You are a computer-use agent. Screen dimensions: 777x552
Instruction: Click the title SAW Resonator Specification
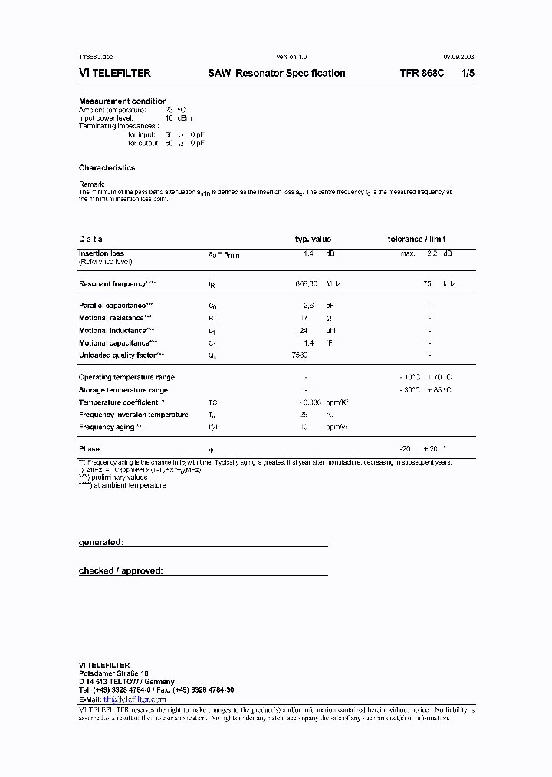(x=276, y=74)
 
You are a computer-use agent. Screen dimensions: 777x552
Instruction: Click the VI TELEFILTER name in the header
(x=115, y=74)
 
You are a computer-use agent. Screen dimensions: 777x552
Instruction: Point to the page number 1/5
(x=467, y=74)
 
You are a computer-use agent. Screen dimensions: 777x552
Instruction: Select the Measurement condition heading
(x=123, y=101)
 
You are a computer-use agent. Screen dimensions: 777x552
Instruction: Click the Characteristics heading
(x=107, y=167)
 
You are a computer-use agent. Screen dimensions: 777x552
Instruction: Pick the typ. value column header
(x=313, y=240)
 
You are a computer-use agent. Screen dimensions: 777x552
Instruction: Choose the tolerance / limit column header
(x=416, y=240)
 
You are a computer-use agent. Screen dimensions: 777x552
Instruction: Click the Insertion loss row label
(x=101, y=253)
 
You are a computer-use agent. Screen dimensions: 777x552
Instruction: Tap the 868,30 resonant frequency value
(x=307, y=284)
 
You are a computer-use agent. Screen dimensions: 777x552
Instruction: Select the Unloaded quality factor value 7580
(x=300, y=355)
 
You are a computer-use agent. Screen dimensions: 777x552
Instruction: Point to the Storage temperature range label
(x=123, y=390)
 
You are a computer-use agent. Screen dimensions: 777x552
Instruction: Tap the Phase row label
(x=89, y=449)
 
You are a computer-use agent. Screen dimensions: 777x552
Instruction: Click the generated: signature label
(x=100, y=542)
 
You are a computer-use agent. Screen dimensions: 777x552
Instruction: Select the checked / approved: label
(x=120, y=571)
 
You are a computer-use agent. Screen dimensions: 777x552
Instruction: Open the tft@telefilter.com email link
(x=135, y=699)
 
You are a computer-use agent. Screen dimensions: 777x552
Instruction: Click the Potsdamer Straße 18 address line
(x=108, y=673)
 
